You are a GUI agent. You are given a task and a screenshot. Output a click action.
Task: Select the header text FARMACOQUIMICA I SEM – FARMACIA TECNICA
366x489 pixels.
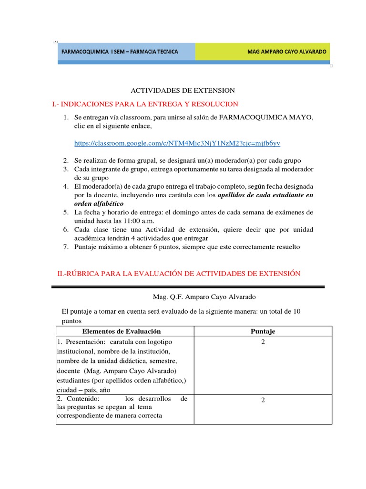(x=119, y=52)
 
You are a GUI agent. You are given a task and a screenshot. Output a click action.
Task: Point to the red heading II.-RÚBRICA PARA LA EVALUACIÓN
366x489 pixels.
(x=179, y=273)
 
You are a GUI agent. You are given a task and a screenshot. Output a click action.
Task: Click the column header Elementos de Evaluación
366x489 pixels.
(x=122, y=331)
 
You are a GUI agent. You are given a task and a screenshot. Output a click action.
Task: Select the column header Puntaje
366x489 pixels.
(x=263, y=331)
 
